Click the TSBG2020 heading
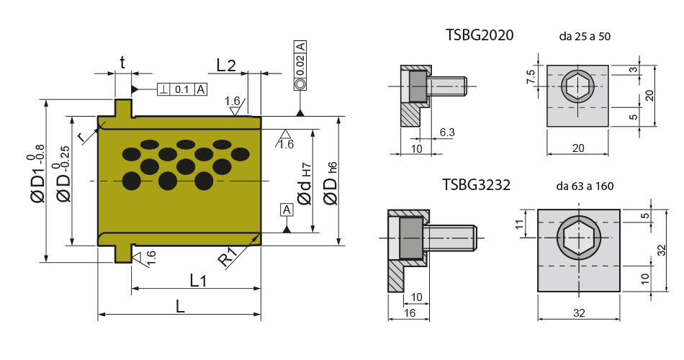coord(480,35)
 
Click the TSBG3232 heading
coord(477,184)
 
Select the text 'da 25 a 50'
coord(585,36)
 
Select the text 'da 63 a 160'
coord(585,186)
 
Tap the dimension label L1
coord(198,280)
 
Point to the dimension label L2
coord(226,66)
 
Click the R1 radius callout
coord(228,258)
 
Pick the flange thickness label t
coord(122,63)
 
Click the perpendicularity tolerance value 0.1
coord(182,89)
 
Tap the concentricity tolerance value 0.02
coord(300,66)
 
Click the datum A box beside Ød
coord(287,210)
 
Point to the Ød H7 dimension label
coord(305,184)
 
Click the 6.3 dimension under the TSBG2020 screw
coord(447,132)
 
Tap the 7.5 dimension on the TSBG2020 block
coord(531,77)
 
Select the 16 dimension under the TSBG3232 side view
coord(410,313)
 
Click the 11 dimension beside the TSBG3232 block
coord(518,225)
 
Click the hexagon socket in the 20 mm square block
coord(577,86)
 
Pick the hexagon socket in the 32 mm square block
coord(579,238)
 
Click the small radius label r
coord(81,137)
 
